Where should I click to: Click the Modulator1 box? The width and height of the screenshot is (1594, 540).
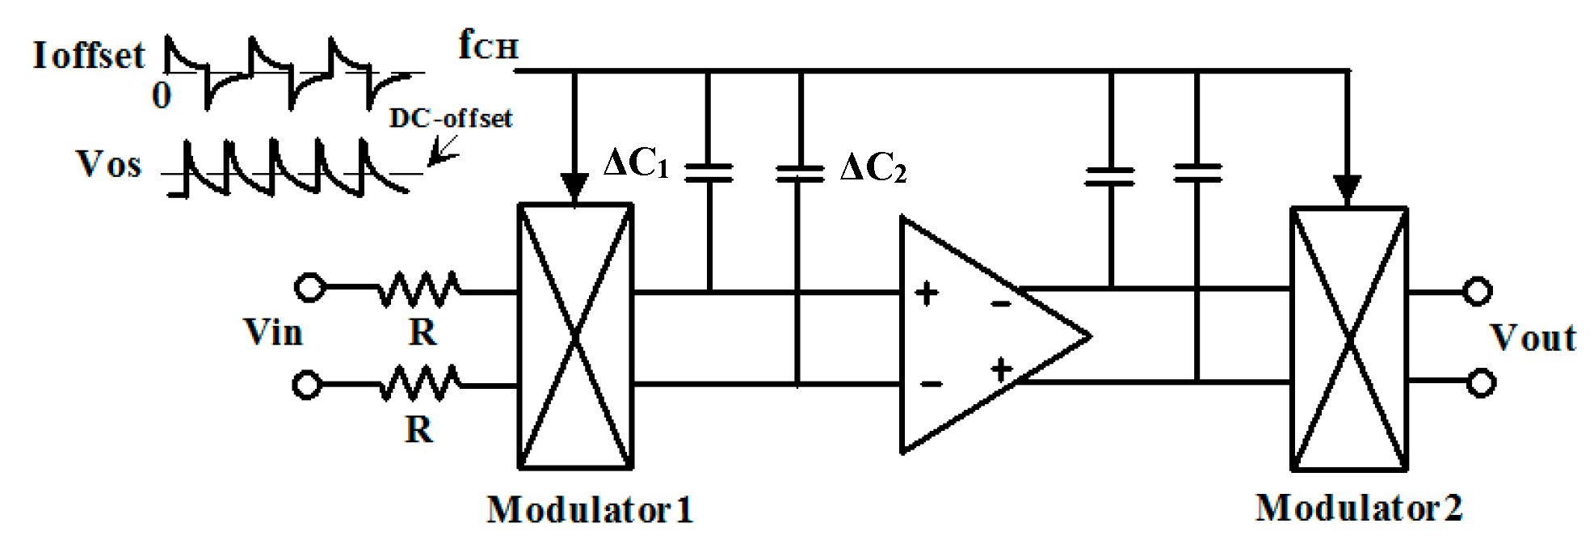[x=574, y=336]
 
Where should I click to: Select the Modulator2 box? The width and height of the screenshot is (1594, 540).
[x=1348, y=339]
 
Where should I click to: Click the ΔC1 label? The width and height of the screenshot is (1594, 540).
[x=637, y=164]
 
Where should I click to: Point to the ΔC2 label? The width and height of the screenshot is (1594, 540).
[x=873, y=168]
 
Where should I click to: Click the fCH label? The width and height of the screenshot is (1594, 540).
[x=487, y=45]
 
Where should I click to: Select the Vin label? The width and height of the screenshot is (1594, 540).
[x=273, y=332]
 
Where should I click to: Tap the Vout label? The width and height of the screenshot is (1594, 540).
[x=1533, y=338]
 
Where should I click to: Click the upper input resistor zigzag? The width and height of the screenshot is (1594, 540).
[x=420, y=289]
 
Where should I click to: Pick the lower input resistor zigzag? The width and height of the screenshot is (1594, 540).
[x=420, y=383]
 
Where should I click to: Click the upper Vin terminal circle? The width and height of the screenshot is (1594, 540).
[x=309, y=287]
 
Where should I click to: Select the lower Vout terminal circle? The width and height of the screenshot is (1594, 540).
[x=1480, y=382]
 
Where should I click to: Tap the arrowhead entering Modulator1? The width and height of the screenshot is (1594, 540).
[x=574, y=188]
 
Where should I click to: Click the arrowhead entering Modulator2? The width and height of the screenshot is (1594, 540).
[x=1347, y=190]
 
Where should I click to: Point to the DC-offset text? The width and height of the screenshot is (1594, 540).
[x=450, y=119]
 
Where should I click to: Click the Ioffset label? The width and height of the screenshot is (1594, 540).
[x=89, y=56]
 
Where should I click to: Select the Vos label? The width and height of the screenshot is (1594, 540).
[x=109, y=165]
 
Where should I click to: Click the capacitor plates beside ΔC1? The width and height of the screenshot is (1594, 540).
[x=709, y=171]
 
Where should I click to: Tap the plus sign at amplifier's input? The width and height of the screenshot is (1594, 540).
[x=927, y=293]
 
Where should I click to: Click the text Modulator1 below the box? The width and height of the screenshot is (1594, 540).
[x=590, y=510]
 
